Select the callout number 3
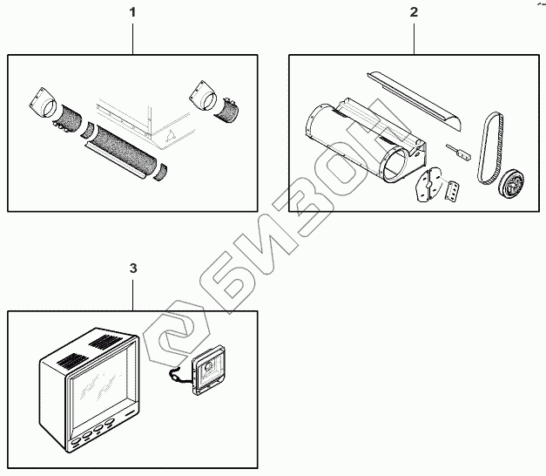[132, 269]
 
